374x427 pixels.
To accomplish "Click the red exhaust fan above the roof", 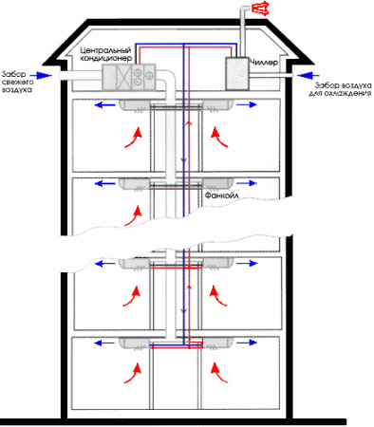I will point(256,11).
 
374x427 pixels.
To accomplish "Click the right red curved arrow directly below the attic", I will point(225,139).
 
